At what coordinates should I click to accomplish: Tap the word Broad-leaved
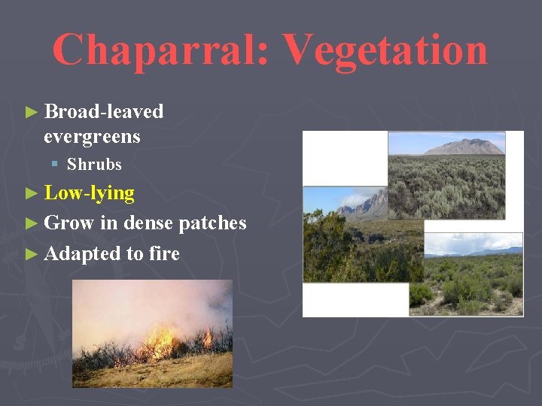[x=104, y=111]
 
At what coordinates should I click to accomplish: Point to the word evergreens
[x=92, y=137]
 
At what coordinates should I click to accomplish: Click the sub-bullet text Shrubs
[x=94, y=164]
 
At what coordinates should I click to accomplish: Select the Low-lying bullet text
[x=89, y=193]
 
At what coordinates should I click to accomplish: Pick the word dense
[x=148, y=223]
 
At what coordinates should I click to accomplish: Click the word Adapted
[x=81, y=253]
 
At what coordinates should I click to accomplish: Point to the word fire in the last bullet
[x=164, y=253]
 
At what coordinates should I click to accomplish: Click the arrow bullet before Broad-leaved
[x=31, y=112]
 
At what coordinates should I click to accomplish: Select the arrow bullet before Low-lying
[x=31, y=194]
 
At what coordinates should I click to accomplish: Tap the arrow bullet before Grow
[x=31, y=223]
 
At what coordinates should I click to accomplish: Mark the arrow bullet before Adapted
[x=31, y=254]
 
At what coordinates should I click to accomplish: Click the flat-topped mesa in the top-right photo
[x=465, y=146]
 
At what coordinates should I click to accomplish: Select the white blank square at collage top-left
[x=345, y=159]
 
